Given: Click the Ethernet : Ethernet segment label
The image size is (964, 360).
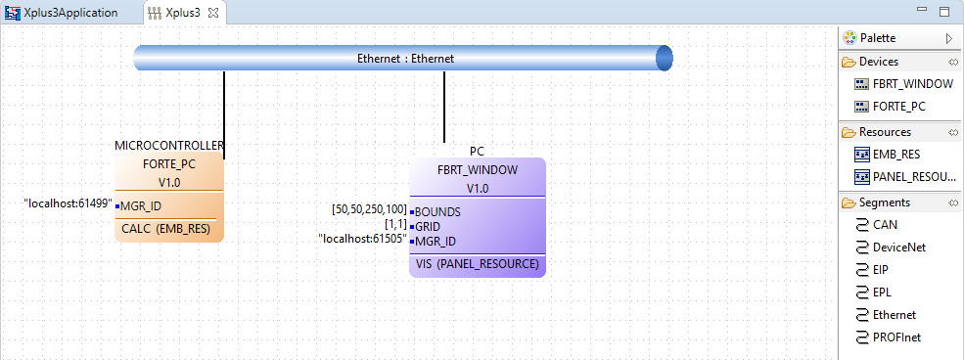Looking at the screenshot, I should coord(405,59).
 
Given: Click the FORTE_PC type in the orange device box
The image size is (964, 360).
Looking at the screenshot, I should coord(169,163).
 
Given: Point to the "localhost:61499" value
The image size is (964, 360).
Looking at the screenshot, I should coord(68,204).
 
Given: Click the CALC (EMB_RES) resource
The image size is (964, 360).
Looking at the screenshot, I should coord(167,230).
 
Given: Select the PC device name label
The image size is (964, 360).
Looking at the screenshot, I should coord(477,152).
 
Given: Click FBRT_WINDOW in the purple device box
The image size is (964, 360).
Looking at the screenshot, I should coord(477,169).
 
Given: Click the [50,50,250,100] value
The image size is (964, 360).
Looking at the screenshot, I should coord(369,209).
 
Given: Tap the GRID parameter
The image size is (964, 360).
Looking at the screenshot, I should coord(429,225).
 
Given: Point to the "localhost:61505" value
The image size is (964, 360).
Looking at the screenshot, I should coord(362,239).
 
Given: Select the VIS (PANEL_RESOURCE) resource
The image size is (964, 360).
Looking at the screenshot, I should coord(477,264).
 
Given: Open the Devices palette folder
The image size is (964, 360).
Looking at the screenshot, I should coord(878,62).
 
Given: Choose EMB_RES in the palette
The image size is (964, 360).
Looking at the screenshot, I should coord(895,154).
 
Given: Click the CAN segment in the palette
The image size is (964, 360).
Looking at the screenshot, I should coord(886,225).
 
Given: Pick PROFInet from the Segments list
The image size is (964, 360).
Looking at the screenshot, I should coord(896,337).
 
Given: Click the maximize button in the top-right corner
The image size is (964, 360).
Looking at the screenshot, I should coord(943,12).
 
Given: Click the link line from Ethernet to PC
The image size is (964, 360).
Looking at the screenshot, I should coord(444,108).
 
